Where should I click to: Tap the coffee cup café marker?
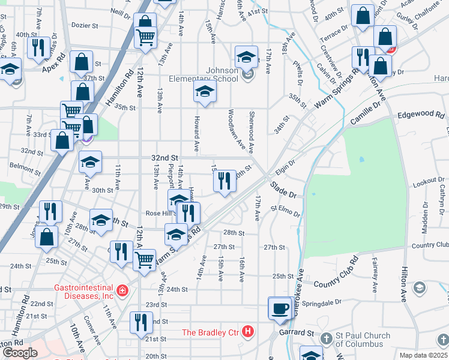click(x=279, y=307)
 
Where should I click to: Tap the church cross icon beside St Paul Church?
click(x=327, y=338)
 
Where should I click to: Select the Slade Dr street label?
click(x=283, y=191)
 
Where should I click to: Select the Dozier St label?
click(x=84, y=26)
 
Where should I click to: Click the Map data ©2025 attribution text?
click(x=424, y=355)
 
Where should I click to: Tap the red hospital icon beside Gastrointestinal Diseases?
click(x=122, y=291)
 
